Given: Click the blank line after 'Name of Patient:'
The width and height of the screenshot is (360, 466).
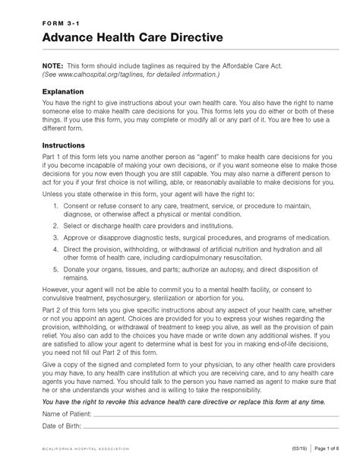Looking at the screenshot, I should (x=213, y=415).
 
